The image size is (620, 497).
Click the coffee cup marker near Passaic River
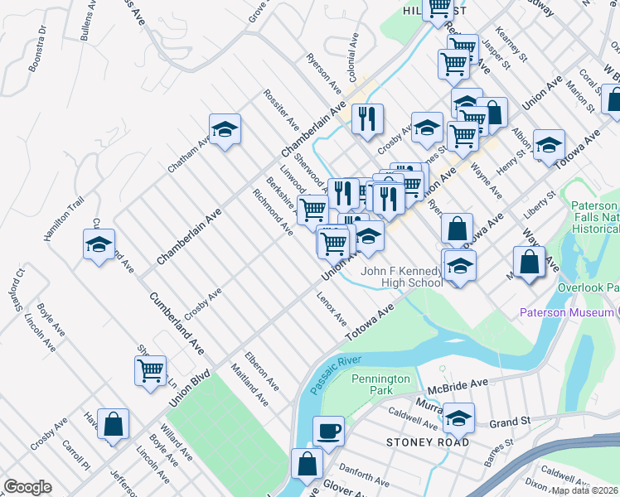(328, 431)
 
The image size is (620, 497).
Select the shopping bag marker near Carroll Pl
(114, 424)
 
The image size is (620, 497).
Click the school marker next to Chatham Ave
(225, 129)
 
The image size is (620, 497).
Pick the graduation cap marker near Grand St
(458, 418)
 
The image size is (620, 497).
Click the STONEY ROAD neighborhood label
(428, 442)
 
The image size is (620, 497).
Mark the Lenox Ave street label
(332, 307)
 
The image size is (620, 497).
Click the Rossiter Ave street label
(281, 108)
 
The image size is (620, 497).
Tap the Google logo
(28, 487)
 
